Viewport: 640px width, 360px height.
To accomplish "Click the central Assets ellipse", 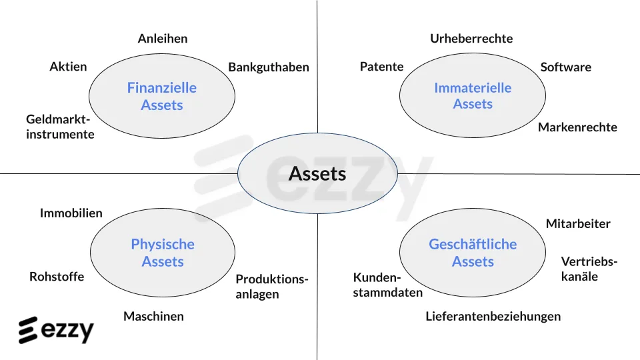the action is tap(317, 173).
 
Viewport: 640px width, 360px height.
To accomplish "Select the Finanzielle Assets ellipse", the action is tap(162, 96).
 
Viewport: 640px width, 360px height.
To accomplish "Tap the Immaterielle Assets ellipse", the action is tap(473, 95).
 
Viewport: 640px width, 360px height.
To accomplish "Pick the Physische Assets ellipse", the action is tap(163, 253).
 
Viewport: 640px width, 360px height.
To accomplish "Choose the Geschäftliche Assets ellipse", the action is tap(473, 253).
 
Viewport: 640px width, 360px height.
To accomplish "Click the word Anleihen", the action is tap(163, 39).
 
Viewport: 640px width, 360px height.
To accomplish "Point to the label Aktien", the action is tap(68, 67).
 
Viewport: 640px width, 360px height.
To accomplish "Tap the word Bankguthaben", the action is tap(269, 67).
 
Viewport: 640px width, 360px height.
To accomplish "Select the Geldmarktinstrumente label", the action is tap(60, 127).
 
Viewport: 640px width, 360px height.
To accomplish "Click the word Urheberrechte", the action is tap(471, 39).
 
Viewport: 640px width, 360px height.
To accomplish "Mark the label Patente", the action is tap(381, 67).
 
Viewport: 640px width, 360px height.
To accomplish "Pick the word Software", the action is tap(566, 67).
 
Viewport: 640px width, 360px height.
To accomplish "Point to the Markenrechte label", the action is tap(577, 127).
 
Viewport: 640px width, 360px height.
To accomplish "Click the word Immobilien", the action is tap(71, 213).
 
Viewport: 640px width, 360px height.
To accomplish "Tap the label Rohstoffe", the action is tap(57, 277).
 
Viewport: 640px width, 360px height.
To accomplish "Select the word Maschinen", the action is tap(153, 316).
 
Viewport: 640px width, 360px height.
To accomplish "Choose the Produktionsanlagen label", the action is tap(272, 287).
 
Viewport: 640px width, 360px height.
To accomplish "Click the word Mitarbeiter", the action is tap(578, 224).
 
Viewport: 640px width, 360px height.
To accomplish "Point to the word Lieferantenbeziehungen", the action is tap(493, 316).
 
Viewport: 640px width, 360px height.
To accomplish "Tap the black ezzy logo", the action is tap(56, 330).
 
